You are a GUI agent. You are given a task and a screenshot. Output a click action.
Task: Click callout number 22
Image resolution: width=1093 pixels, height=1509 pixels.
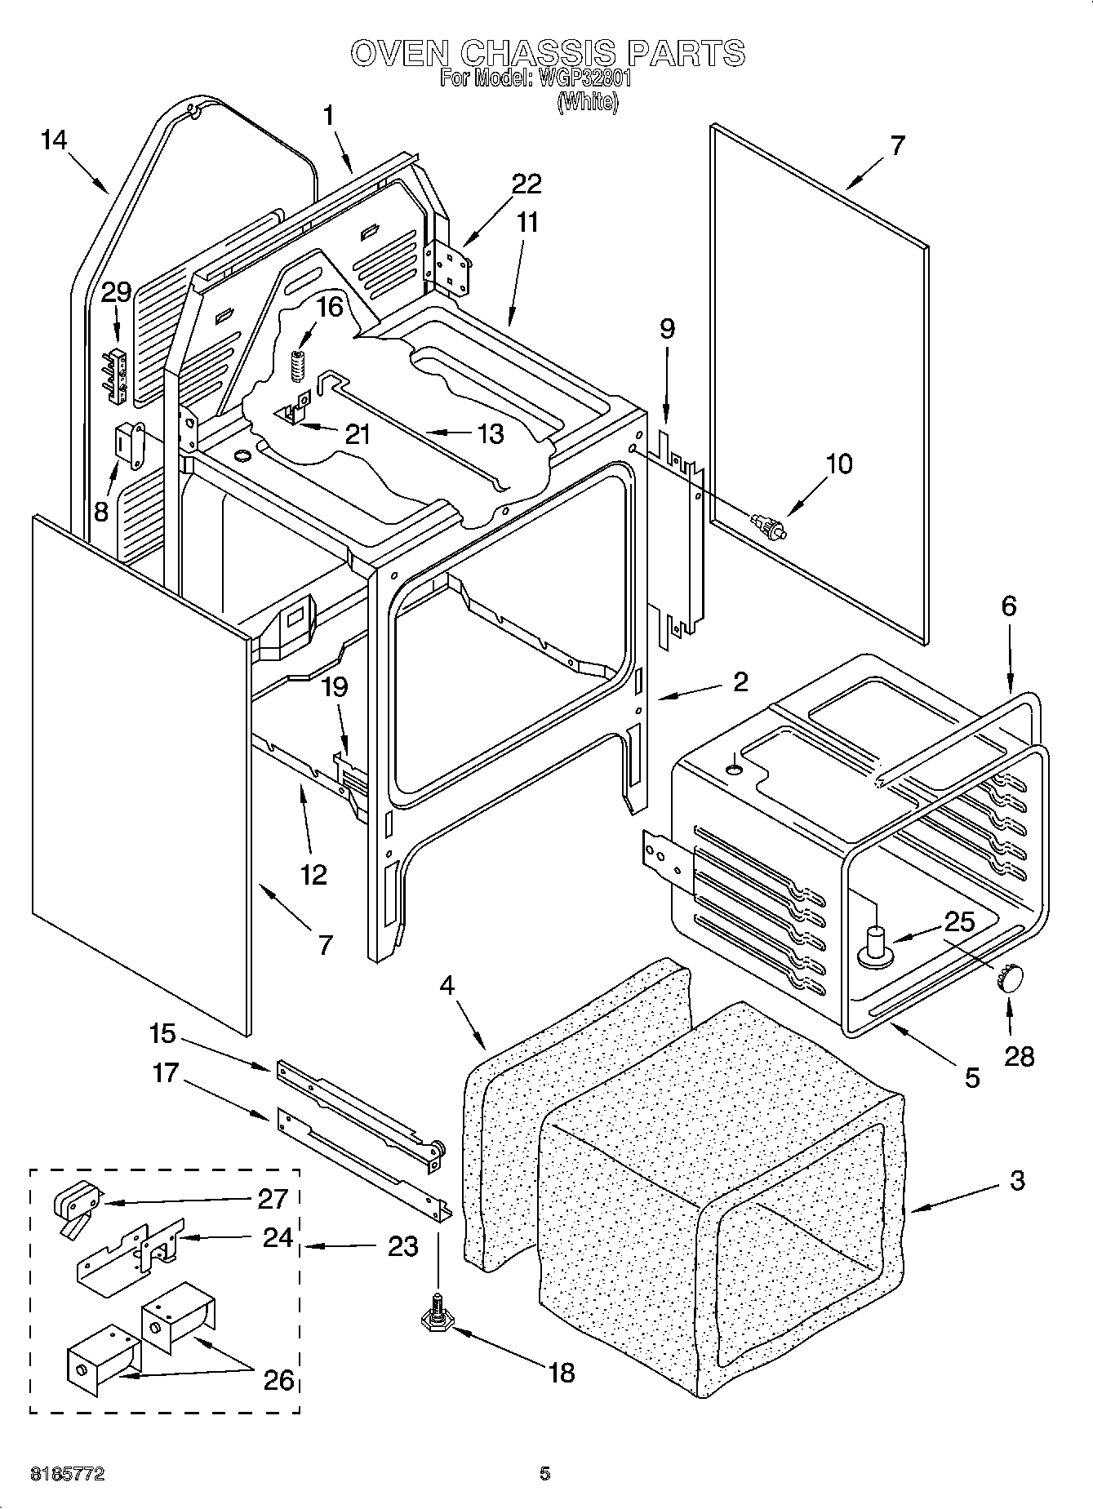[526, 184]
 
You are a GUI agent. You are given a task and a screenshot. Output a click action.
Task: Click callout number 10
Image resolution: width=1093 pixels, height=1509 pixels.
[838, 464]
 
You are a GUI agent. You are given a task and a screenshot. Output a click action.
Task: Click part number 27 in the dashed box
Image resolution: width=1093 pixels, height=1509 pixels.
[272, 1199]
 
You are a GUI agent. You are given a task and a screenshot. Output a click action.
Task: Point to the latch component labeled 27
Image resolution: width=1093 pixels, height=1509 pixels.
[76, 1200]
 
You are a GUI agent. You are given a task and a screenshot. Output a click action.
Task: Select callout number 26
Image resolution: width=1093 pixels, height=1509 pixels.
[278, 1380]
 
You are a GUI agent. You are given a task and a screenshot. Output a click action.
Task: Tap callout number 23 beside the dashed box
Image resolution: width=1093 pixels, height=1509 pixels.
[402, 1246]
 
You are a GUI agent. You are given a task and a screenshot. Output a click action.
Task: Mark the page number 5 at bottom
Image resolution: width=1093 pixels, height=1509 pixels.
[544, 1473]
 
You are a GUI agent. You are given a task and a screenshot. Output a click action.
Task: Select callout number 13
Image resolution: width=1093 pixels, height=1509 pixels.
[490, 433]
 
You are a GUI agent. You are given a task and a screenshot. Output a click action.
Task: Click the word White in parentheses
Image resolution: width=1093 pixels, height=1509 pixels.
[587, 102]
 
